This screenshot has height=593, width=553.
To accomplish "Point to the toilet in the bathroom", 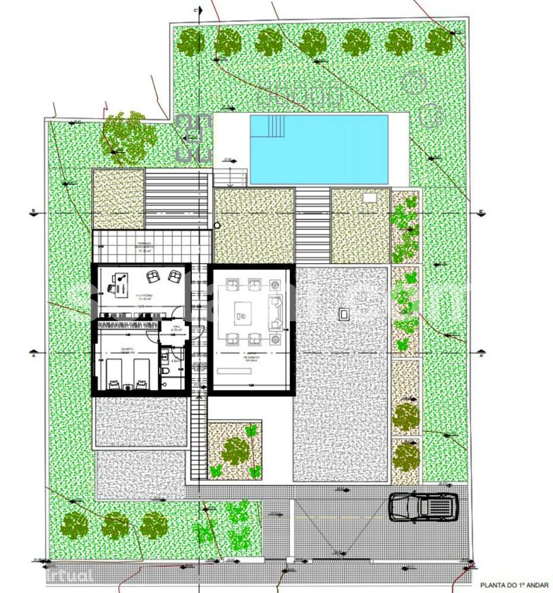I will (x=167, y=370).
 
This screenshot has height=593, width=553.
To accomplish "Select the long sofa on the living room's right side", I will (x=276, y=312).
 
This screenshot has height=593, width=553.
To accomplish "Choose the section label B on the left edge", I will (x=34, y=211).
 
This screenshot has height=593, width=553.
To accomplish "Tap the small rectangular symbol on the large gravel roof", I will (x=343, y=314).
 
